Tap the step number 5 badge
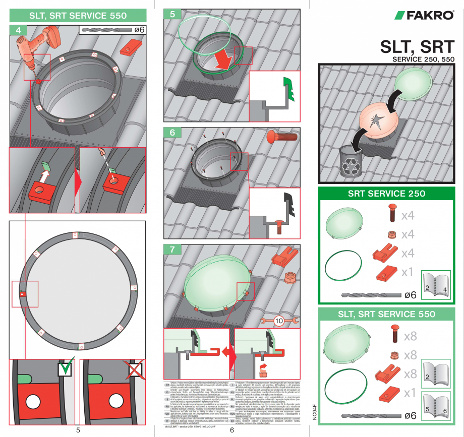(172, 15)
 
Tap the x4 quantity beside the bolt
(408, 216)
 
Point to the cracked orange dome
(379, 122)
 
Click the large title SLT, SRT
(417, 47)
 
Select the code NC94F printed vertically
(314, 411)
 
